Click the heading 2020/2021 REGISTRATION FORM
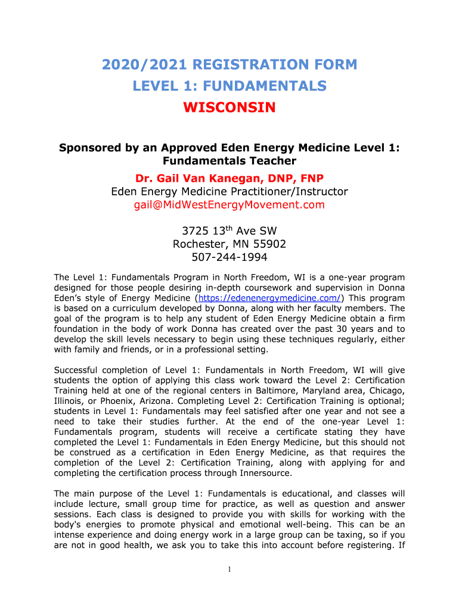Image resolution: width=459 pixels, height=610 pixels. [x=229, y=64]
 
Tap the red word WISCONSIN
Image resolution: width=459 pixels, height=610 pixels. [x=229, y=108]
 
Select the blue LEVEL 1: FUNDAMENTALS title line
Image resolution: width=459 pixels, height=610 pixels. [x=229, y=86]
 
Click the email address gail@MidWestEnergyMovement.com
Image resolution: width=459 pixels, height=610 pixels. [x=229, y=205]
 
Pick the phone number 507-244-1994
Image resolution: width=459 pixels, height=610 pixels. [x=229, y=257]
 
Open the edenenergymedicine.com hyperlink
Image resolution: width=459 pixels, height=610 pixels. [x=269, y=298]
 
